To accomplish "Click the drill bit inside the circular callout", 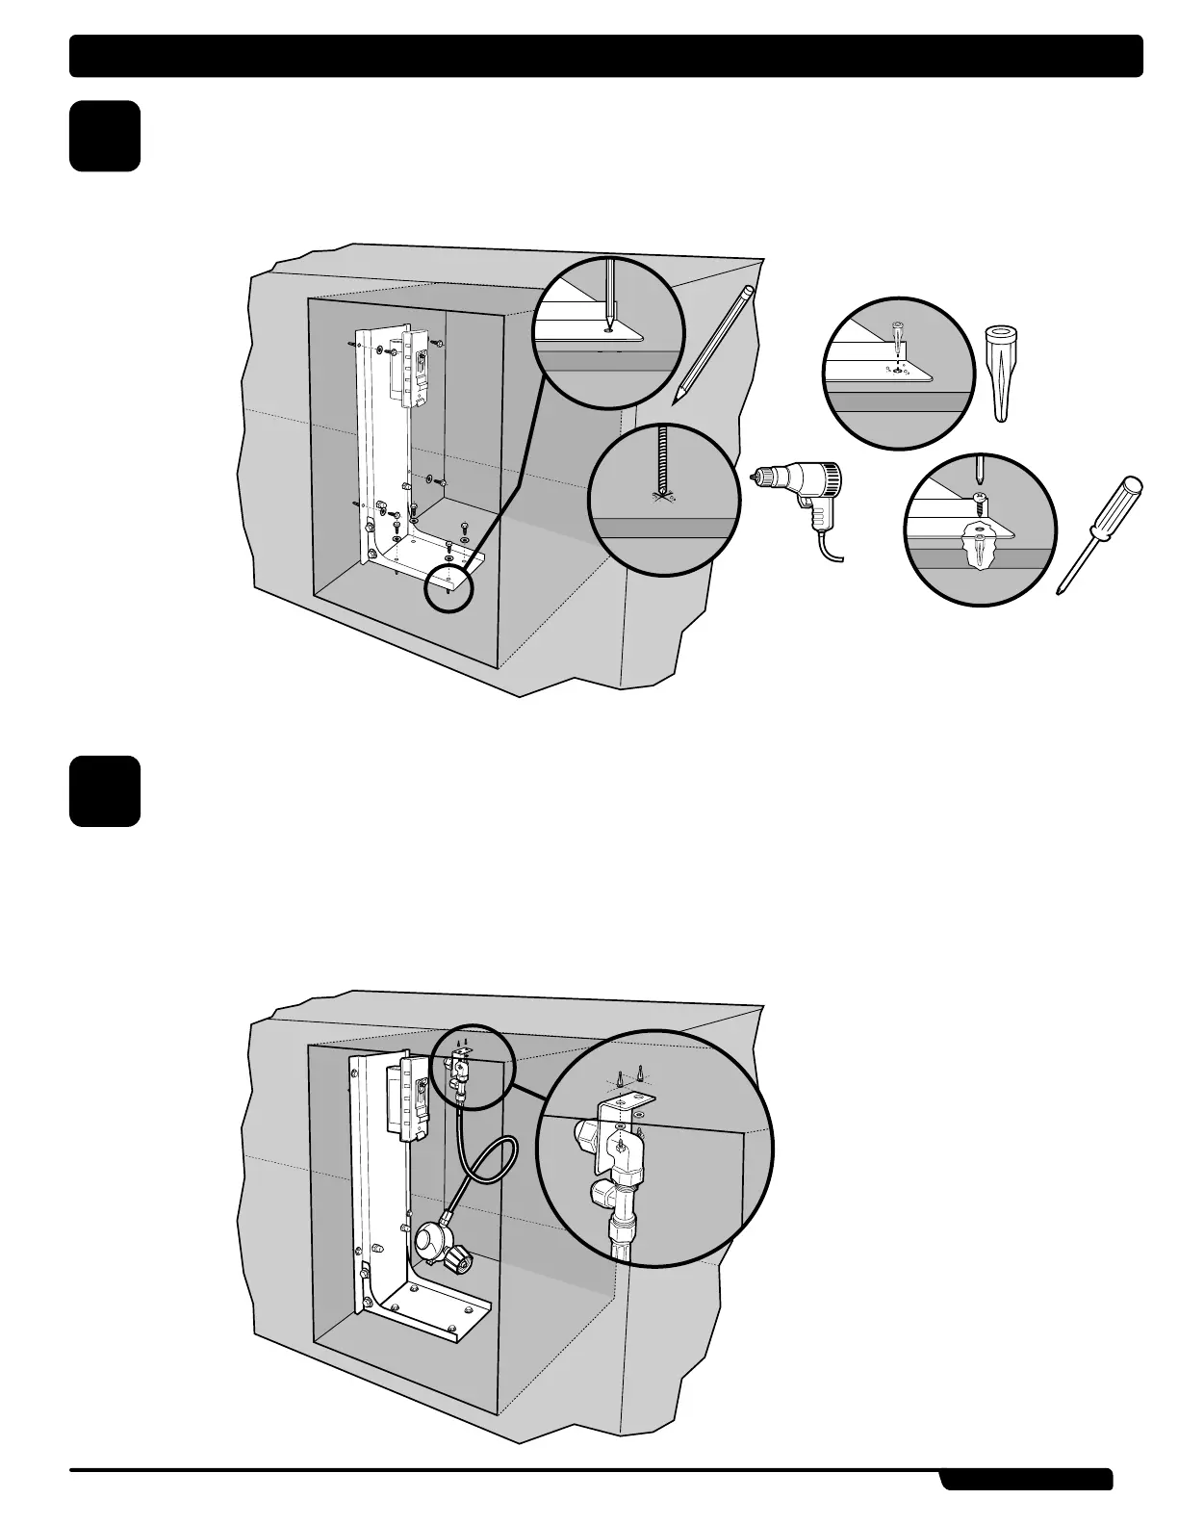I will click(659, 462).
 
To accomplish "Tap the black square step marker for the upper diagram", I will click(105, 137).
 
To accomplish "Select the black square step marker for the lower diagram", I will click(105, 791).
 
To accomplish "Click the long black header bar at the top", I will click(606, 56).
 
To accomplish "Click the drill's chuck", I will click(766, 476).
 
